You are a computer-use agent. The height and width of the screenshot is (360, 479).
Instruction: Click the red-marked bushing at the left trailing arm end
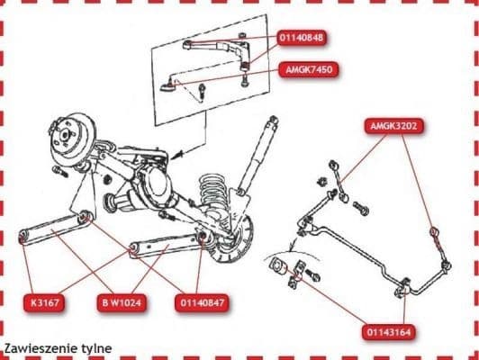pos(24,238)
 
